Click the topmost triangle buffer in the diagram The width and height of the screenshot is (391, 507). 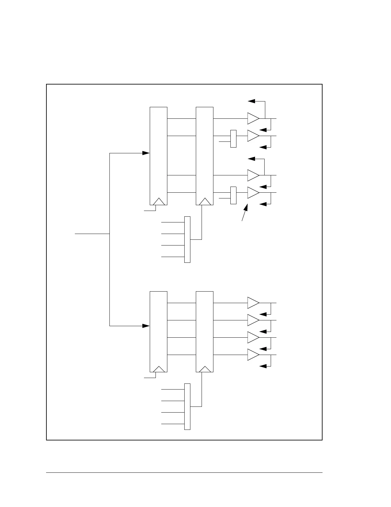(253, 118)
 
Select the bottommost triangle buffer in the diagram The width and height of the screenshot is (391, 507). (253, 355)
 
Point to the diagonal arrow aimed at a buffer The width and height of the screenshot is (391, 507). (245, 213)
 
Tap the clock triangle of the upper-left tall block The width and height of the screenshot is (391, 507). (159, 202)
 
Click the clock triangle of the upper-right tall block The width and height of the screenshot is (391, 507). (205, 202)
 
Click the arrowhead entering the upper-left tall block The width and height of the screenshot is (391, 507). (146, 153)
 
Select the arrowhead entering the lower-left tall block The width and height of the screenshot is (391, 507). (146, 326)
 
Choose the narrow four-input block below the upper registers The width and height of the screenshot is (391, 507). (188, 239)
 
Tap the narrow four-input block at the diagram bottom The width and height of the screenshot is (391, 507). (188, 406)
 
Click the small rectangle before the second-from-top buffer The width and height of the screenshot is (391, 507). (233, 139)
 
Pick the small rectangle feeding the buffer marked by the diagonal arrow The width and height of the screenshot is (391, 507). (233, 195)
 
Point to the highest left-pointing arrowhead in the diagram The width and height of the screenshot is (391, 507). (252, 101)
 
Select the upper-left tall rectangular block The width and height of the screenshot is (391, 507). (159, 156)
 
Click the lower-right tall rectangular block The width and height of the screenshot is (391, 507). (205, 332)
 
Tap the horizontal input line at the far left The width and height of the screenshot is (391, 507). (92, 234)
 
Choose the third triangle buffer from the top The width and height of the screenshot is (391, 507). (253, 175)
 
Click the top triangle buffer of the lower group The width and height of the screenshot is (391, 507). (253, 303)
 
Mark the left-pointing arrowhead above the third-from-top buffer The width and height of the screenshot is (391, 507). (252, 159)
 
